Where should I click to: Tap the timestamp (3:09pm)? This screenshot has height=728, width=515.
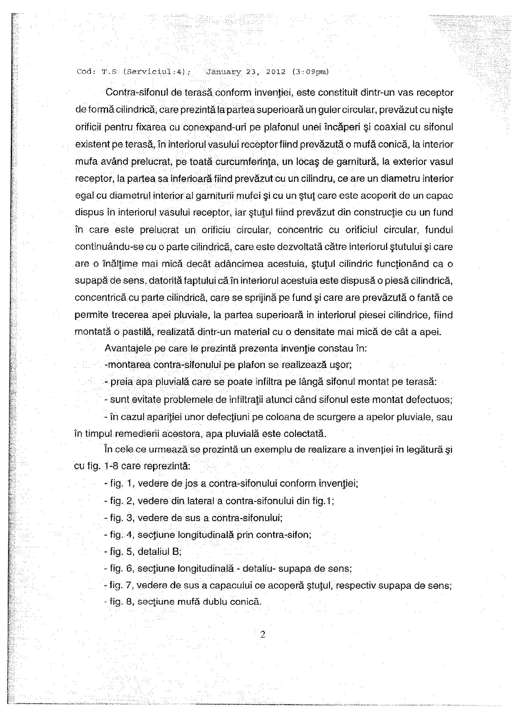pyautogui.click(x=310, y=72)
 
